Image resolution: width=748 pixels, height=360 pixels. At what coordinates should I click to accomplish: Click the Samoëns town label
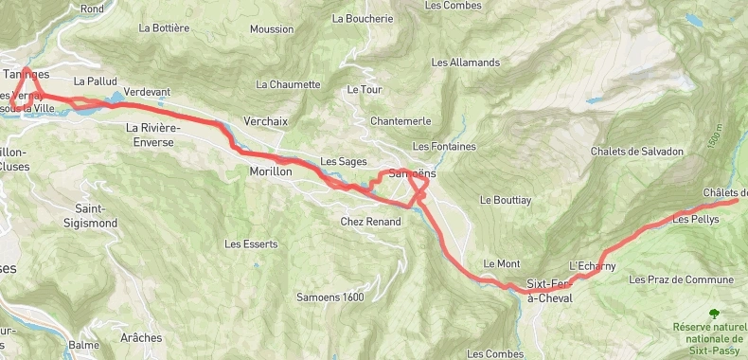point(413,174)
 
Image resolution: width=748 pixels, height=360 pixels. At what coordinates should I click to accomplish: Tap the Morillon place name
point(267,171)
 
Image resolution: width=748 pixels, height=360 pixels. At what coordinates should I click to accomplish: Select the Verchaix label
point(265,121)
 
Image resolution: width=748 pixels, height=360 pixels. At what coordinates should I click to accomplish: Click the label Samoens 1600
point(329,297)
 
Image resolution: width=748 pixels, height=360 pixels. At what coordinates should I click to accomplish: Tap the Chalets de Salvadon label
point(636,152)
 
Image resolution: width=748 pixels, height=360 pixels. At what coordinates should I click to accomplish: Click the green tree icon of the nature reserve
point(713,314)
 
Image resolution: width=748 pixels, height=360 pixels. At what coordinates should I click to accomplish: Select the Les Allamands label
point(465,63)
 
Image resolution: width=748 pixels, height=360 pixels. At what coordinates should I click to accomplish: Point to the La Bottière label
point(164,28)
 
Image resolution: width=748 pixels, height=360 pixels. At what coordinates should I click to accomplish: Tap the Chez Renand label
point(370,222)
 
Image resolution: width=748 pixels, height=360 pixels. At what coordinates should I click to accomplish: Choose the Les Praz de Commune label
point(681,279)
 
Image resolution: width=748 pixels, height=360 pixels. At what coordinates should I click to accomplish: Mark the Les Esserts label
point(251,243)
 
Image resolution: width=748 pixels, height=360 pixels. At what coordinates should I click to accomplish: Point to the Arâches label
point(141,337)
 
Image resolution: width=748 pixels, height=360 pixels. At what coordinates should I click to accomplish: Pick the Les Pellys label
point(696,219)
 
